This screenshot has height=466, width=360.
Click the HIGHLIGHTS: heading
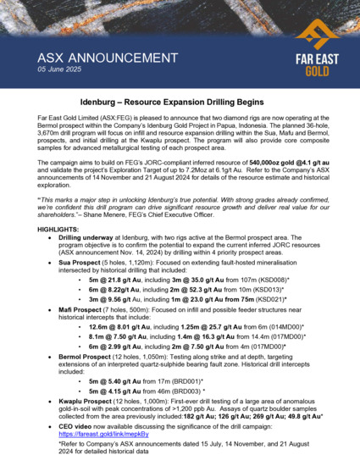tap(60, 230)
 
